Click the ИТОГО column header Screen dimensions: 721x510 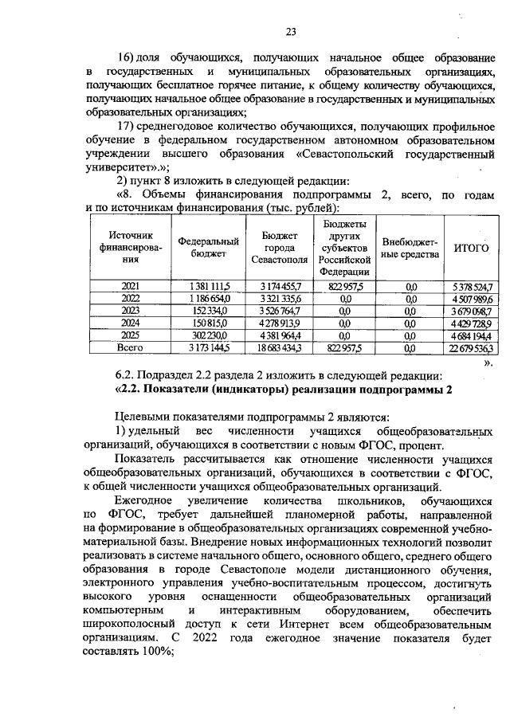pos(470,248)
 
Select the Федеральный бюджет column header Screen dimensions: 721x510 pos(210,247)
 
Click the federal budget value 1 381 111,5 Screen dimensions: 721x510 pos(210,285)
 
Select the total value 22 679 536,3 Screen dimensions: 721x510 pos(470,347)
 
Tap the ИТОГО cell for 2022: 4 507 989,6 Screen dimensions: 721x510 pos(470,298)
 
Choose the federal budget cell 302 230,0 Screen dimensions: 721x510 pos(210,335)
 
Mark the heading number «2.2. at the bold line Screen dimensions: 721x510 pos(131,390)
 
